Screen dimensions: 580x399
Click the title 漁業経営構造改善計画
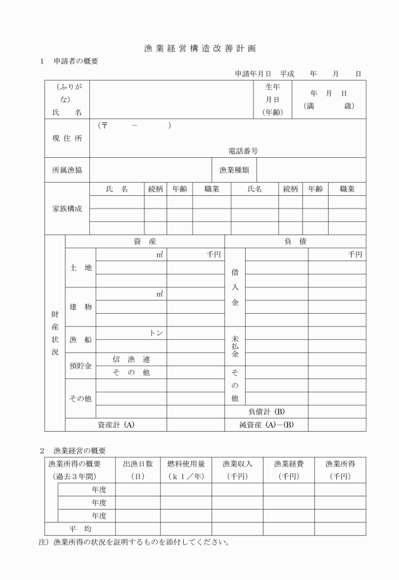click(199, 48)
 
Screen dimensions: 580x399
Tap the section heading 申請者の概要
click(74, 61)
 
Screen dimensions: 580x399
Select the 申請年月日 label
click(253, 74)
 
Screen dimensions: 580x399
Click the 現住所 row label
click(67, 138)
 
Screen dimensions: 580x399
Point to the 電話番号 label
click(243, 151)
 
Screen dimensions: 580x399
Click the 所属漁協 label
click(67, 170)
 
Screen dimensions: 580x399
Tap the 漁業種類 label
click(234, 170)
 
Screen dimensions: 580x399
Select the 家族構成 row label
click(67, 209)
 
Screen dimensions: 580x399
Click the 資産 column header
click(144, 241)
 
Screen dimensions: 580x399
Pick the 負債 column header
click(295, 241)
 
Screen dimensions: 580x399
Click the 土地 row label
click(80, 267)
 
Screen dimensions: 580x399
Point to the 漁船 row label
click(80, 340)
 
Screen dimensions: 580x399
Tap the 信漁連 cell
click(131, 359)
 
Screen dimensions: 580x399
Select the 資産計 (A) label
click(115, 425)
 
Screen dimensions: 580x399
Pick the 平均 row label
click(80, 529)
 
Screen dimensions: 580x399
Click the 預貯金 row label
click(80, 366)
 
